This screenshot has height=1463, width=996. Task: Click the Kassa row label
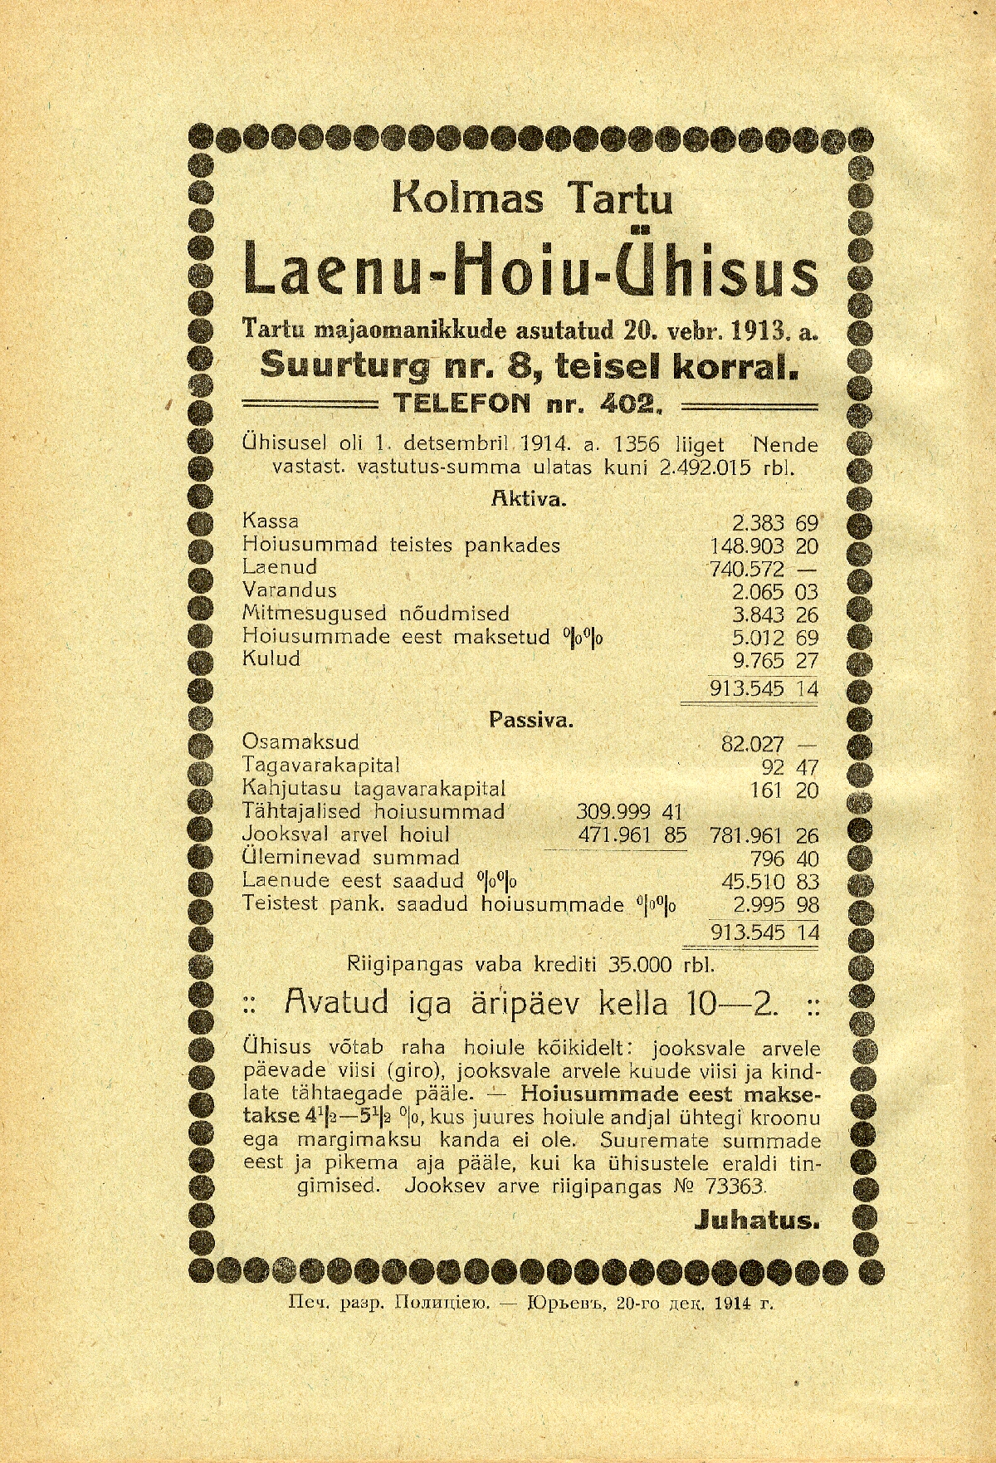click(271, 522)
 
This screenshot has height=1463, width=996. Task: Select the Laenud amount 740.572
click(747, 569)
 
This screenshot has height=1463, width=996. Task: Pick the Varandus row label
click(290, 590)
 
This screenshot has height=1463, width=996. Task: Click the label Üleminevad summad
click(350, 858)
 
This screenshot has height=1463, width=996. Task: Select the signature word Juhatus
click(754, 1221)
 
